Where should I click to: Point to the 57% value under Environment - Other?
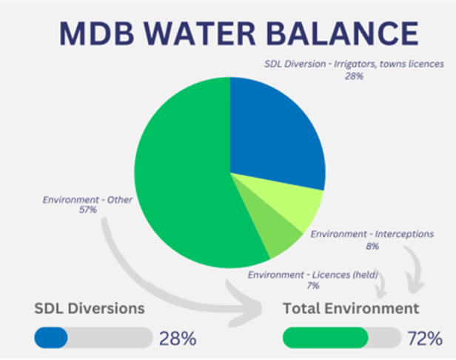(x=87, y=210)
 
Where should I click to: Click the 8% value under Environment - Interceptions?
(x=372, y=246)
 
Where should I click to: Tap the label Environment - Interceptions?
(x=372, y=234)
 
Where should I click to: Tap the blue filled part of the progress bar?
(x=51, y=338)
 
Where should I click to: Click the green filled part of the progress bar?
(x=325, y=338)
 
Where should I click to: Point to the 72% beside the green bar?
(x=425, y=339)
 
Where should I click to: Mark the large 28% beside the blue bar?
(x=178, y=339)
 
